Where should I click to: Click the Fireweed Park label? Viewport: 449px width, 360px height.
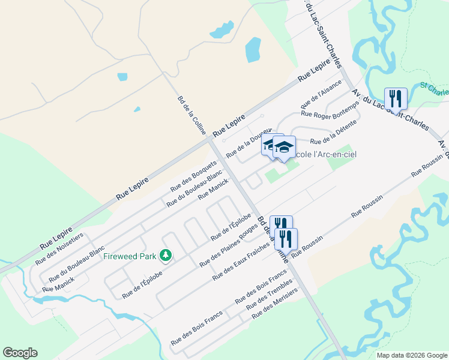[129, 256]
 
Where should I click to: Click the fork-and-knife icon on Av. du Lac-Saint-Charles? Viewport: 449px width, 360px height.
[396, 98]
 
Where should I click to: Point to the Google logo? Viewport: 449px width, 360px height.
[20, 353]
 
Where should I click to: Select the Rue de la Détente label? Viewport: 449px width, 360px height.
[333, 133]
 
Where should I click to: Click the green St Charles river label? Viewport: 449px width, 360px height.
[435, 89]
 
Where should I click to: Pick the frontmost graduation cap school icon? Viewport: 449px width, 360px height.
[284, 148]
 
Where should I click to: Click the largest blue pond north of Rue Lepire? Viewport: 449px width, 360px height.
[253, 50]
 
